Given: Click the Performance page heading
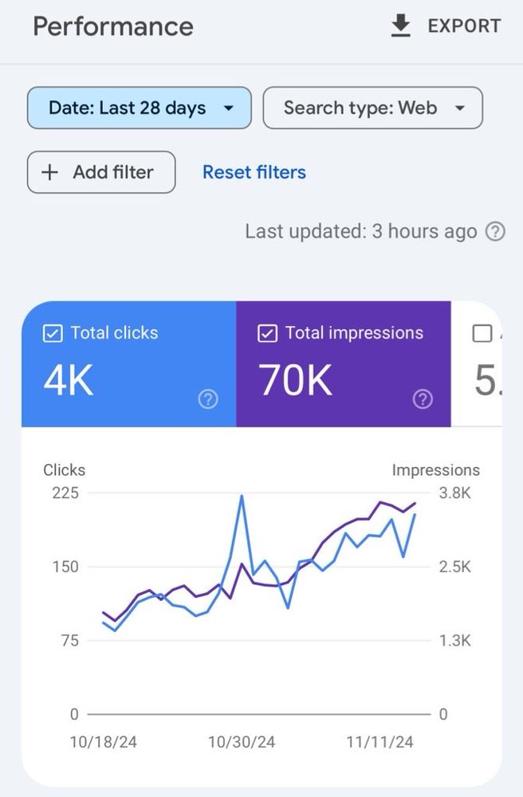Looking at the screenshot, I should click(x=112, y=26).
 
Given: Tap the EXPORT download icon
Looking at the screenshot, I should click(x=400, y=26).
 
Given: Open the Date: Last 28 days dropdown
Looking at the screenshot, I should click(x=140, y=108).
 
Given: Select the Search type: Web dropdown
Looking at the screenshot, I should click(x=372, y=108).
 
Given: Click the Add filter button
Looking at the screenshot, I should click(x=101, y=172).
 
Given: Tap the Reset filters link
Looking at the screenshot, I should click(x=254, y=172).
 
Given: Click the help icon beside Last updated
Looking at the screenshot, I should click(x=495, y=232).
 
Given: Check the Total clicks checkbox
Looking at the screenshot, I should click(x=52, y=333).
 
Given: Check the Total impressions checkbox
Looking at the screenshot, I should click(x=267, y=333).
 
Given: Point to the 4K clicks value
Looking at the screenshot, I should click(x=68, y=381).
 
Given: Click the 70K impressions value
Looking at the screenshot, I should click(x=295, y=381).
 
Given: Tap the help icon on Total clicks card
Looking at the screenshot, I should click(x=207, y=399).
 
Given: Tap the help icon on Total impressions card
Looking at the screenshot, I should click(x=423, y=399).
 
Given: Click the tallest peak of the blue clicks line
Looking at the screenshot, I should click(x=241, y=497).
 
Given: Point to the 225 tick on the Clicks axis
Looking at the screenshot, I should click(x=65, y=493).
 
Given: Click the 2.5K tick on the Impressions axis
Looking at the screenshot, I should click(x=454, y=567).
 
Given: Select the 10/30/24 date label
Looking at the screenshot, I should click(x=242, y=742).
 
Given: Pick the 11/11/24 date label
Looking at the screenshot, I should click(x=379, y=742).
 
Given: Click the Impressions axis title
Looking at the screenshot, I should click(x=435, y=470).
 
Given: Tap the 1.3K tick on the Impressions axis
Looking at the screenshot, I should click(x=454, y=641).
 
